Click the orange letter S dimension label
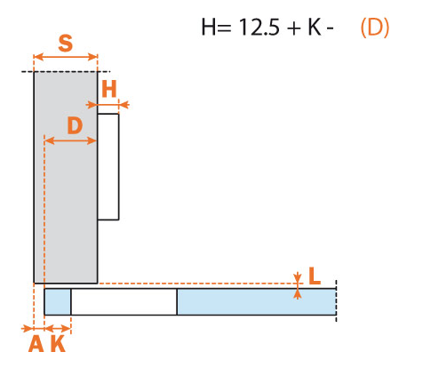[65, 42]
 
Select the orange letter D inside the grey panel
[75, 125]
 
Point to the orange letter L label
[315, 276]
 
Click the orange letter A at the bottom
[36, 343]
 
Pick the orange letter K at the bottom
[58, 343]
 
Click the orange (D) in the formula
[374, 28]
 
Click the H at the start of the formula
[210, 28]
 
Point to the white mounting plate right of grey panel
[108, 166]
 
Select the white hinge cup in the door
[124, 301]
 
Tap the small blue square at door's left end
[58, 301]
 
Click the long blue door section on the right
[256, 301]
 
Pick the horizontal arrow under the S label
[65, 58]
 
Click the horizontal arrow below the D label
[70, 140]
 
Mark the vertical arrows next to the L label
[299, 278]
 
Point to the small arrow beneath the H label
[114, 105]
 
